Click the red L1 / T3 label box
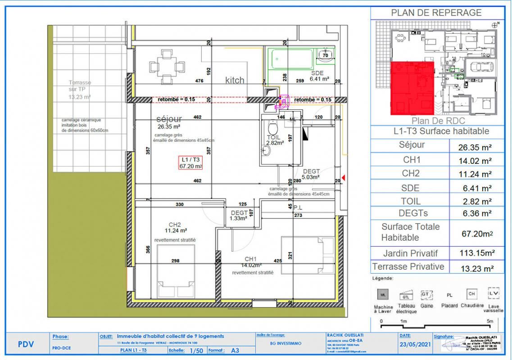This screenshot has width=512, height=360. (190, 162)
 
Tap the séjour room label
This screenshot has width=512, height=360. (168, 119)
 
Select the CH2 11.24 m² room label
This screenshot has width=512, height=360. (174, 228)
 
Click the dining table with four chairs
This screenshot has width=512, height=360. (167, 66)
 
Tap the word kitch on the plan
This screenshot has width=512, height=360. (235, 80)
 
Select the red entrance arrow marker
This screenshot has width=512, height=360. (344, 179)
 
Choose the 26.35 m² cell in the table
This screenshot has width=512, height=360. (477, 147)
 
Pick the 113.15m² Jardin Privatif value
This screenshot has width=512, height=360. (477, 253)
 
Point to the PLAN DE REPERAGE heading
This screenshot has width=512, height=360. (436, 13)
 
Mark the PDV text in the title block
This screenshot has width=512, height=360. (25, 345)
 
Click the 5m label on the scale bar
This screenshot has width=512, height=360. (490, 321)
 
